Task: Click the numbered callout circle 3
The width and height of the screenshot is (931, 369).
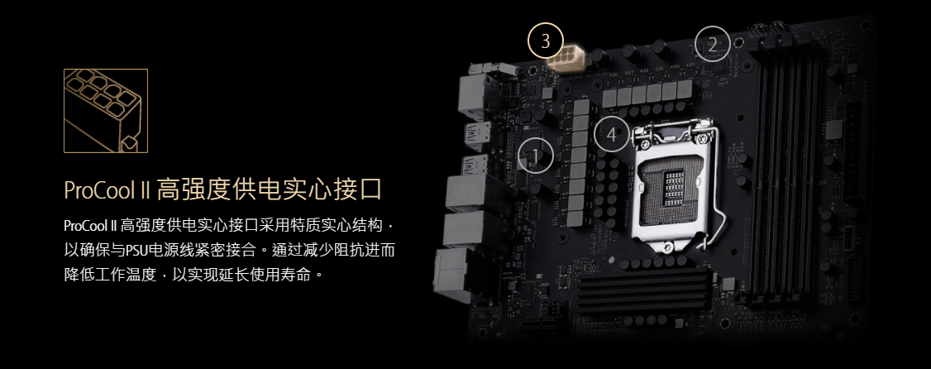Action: [545, 41]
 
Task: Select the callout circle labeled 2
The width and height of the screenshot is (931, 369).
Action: [713, 43]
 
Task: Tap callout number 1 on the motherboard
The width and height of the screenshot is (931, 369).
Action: [536, 156]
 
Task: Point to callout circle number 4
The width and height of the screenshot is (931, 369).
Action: [612, 136]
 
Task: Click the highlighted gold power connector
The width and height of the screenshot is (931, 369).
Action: [566, 60]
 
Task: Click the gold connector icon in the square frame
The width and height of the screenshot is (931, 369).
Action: [106, 111]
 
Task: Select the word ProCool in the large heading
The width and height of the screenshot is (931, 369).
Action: [100, 191]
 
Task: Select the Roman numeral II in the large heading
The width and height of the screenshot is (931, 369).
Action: [146, 191]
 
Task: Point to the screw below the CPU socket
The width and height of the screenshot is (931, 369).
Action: [669, 246]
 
